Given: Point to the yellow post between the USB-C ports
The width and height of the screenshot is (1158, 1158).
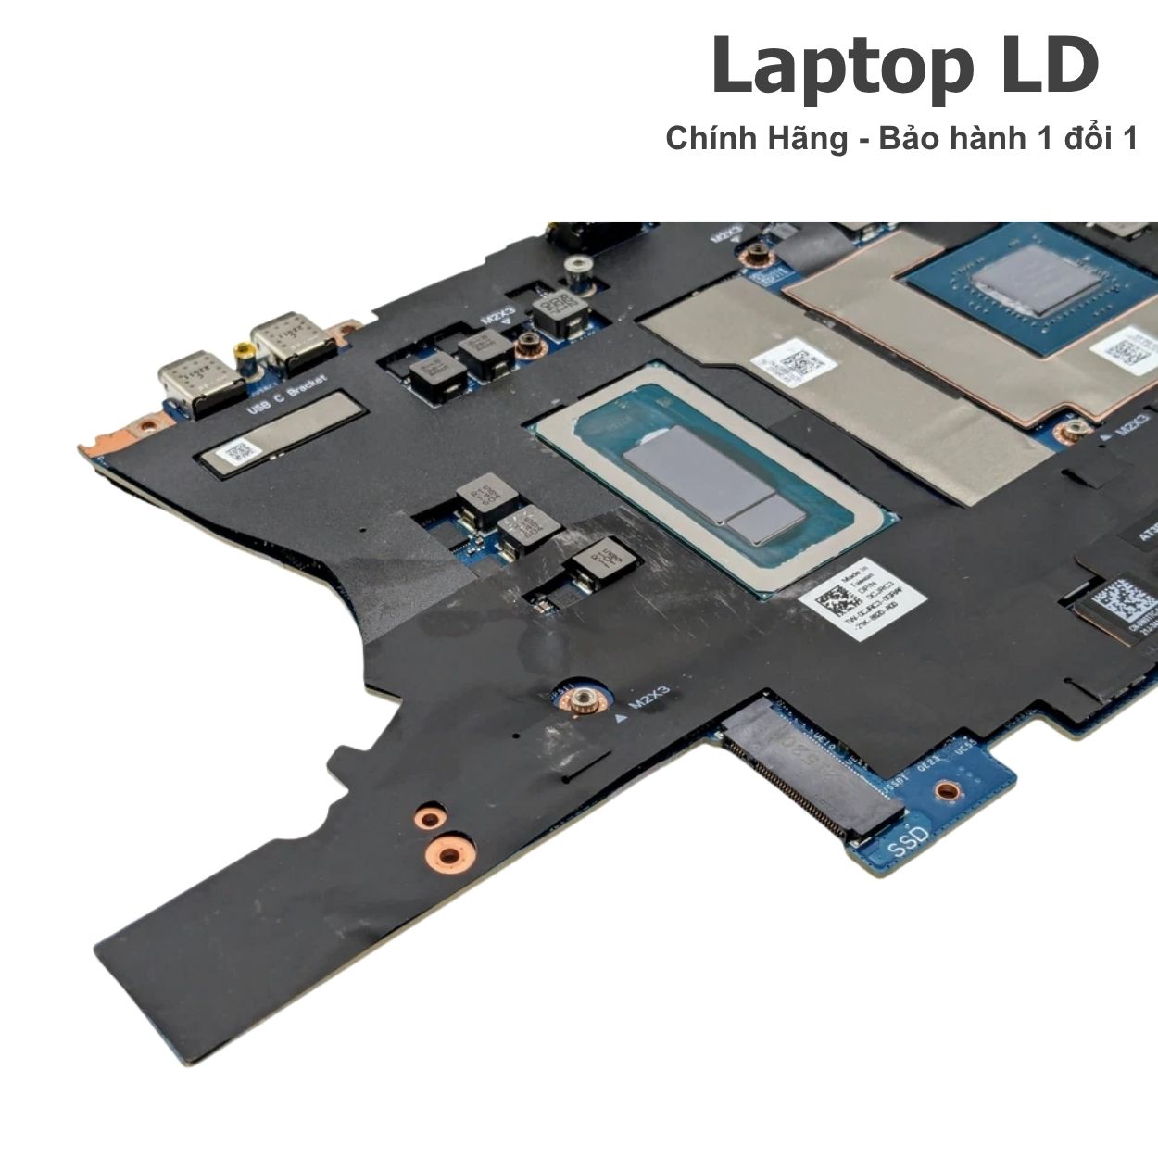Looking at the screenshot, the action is pos(244,352).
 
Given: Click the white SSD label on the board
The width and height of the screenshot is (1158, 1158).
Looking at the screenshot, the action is pos(907,844).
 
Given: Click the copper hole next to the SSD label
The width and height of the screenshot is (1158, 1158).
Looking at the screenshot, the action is pos(945,791).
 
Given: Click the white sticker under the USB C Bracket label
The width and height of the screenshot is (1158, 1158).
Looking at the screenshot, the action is pos(235,453).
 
